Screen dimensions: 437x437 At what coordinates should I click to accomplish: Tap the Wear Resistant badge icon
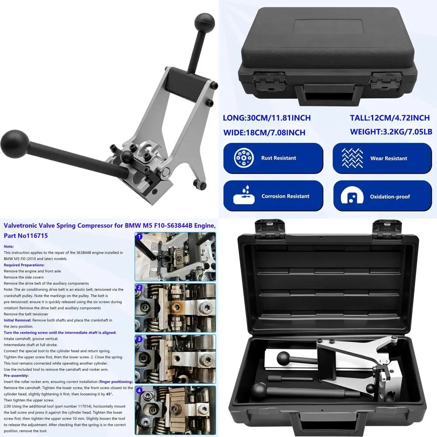(352, 158)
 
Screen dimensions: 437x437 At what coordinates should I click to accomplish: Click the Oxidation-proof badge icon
(352, 196)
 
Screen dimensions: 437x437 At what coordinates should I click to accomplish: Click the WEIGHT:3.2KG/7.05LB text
(391, 132)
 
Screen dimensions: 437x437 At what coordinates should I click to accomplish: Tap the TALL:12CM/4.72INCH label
(390, 118)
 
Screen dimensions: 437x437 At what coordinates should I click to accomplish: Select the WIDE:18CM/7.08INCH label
(264, 132)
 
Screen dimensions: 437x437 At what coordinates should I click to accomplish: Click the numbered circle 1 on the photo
(139, 237)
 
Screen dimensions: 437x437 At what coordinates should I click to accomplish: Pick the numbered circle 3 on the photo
(139, 339)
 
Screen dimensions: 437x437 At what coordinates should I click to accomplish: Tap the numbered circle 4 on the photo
(139, 390)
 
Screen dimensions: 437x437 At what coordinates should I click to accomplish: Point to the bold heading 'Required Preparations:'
(24, 265)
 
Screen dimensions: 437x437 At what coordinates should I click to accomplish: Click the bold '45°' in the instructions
(109, 394)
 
